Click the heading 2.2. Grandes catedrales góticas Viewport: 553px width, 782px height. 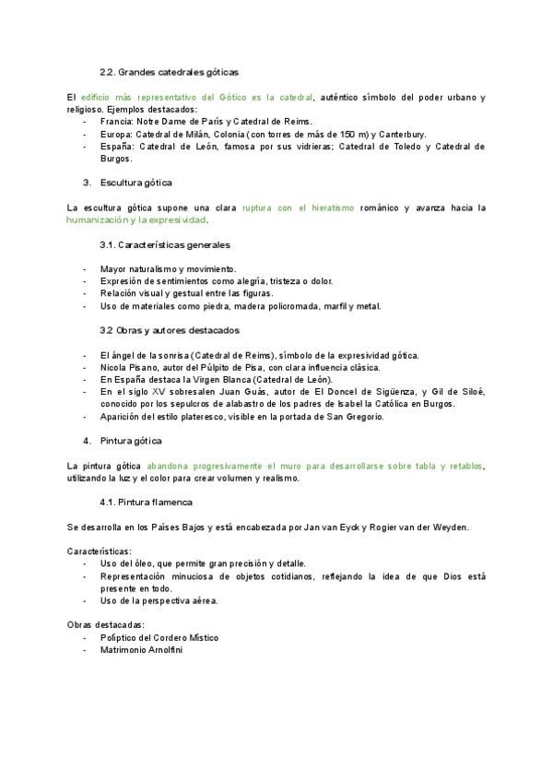(x=169, y=72)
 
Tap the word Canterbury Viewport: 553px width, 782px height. (x=403, y=134)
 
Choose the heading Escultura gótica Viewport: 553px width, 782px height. (x=135, y=184)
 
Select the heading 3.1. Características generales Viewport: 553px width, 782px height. (x=165, y=245)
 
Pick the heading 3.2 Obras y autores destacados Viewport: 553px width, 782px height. (x=169, y=330)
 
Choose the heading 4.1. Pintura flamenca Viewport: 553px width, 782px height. (x=144, y=502)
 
